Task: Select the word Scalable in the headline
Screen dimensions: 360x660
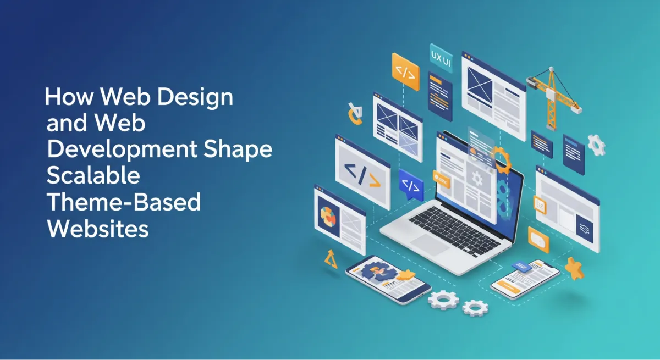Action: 94,177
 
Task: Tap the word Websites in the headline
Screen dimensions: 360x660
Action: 98,229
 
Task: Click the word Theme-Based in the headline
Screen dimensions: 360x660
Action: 124,203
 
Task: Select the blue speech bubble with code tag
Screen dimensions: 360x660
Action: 411,186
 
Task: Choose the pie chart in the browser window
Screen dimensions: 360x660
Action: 328,216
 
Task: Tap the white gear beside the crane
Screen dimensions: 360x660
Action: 596,145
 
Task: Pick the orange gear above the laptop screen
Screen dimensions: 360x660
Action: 499,159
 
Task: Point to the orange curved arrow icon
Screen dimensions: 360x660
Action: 354,114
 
